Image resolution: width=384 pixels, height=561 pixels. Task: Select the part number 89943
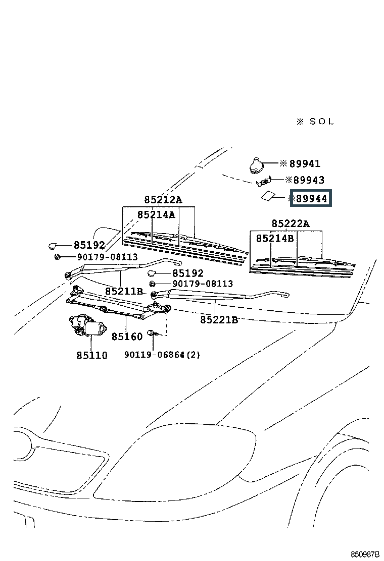(x=309, y=180)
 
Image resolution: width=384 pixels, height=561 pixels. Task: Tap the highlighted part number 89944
(x=311, y=199)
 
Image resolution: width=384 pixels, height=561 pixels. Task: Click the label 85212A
(x=163, y=200)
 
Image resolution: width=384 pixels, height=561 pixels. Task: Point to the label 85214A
(x=156, y=215)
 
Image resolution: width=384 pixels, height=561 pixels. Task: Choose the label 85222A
(x=290, y=223)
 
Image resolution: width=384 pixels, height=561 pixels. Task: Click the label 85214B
(x=274, y=238)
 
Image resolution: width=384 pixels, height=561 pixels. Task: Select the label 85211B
(x=124, y=292)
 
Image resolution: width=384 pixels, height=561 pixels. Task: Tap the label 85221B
(x=219, y=319)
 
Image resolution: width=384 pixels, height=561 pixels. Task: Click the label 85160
(x=127, y=336)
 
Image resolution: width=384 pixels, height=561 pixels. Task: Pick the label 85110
(x=92, y=355)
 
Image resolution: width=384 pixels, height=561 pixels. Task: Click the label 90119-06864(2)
(x=162, y=355)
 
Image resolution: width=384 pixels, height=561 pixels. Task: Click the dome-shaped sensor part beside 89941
(x=256, y=164)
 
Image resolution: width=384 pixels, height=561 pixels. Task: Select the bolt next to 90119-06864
(x=152, y=333)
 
